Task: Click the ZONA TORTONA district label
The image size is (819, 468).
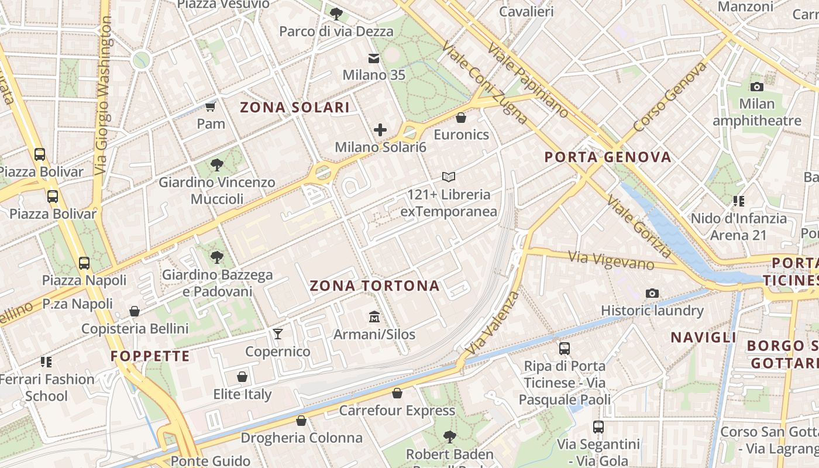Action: (x=374, y=286)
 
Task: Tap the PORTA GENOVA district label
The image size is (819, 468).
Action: (x=608, y=157)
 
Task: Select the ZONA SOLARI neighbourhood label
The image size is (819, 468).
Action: (x=295, y=108)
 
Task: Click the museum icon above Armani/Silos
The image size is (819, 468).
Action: (x=374, y=317)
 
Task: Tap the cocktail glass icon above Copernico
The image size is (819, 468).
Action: (x=278, y=334)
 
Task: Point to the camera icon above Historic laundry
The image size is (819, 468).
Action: (x=652, y=293)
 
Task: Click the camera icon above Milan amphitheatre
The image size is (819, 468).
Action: (x=756, y=87)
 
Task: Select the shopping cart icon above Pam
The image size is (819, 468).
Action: (x=211, y=106)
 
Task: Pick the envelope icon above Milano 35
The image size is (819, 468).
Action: (x=373, y=58)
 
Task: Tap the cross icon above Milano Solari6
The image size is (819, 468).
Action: (x=380, y=130)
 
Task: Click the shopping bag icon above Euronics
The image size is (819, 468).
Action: (x=461, y=118)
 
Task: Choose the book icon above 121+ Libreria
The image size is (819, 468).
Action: (x=449, y=177)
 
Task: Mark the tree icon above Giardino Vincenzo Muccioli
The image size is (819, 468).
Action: (x=217, y=165)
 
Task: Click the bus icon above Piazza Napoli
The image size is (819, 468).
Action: (x=84, y=263)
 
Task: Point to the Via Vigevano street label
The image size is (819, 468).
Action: (x=612, y=260)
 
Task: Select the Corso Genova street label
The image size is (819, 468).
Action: (x=669, y=97)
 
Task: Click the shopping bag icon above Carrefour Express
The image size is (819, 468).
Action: (x=397, y=393)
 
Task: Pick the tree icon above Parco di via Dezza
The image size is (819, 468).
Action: (x=336, y=13)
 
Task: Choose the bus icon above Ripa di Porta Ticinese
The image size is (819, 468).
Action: (x=565, y=349)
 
